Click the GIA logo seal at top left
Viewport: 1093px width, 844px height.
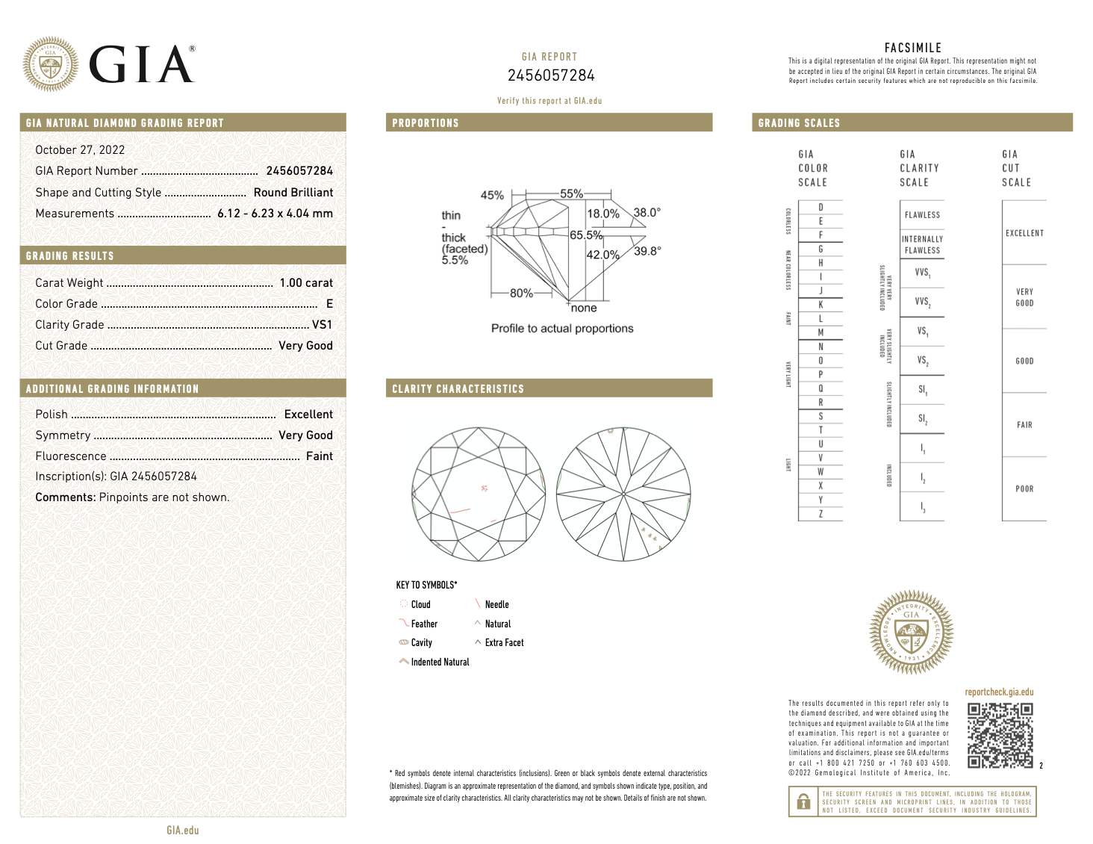[x=50, y=64]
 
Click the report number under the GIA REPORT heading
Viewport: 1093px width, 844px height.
[x=551, y=75]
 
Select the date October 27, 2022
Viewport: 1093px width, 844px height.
[x=80, y=150]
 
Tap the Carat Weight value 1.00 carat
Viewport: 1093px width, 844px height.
[x=306, y=283]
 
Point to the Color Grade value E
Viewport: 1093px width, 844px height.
[x=329, y=304]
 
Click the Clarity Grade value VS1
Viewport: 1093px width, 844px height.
[x=322, y=325]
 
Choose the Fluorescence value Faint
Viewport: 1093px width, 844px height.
[x=320, y=456]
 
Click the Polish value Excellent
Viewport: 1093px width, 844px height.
[x=308, y=415]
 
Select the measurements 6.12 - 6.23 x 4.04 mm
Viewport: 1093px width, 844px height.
[x=275, y=214]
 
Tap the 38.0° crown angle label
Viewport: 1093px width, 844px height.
[x=647, y=212]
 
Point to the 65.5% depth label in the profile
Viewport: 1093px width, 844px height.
[x=586, y=235]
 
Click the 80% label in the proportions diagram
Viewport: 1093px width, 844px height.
[x=521, y=293]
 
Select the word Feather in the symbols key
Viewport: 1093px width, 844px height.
[x=424, y=624]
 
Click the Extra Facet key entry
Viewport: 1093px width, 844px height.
[x=504, y=643]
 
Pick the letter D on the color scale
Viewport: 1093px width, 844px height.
[x=820, y=208]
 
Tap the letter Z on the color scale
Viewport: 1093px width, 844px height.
[x=820, y=514]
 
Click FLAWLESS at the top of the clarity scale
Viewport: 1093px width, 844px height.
[x=922, y=215]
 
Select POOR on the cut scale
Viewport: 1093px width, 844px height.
[x=1024, y=489]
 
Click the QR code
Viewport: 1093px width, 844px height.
[x=1000, y=736]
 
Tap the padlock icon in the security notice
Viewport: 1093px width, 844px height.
[x=803, y=802]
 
